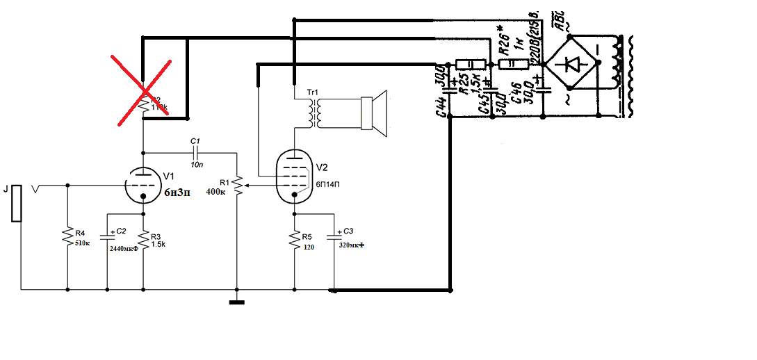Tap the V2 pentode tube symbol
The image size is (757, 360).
click(294, 177)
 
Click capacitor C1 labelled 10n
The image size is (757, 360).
click(195, 152)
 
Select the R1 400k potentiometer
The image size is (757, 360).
click(238, 186)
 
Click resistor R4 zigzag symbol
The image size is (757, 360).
click(67, 236)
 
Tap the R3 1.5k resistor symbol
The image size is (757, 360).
click(143, 238)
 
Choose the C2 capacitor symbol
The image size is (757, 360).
click(107, 236)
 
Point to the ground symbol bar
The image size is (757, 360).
click(237, 302)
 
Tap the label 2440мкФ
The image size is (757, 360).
click(124, 248)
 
